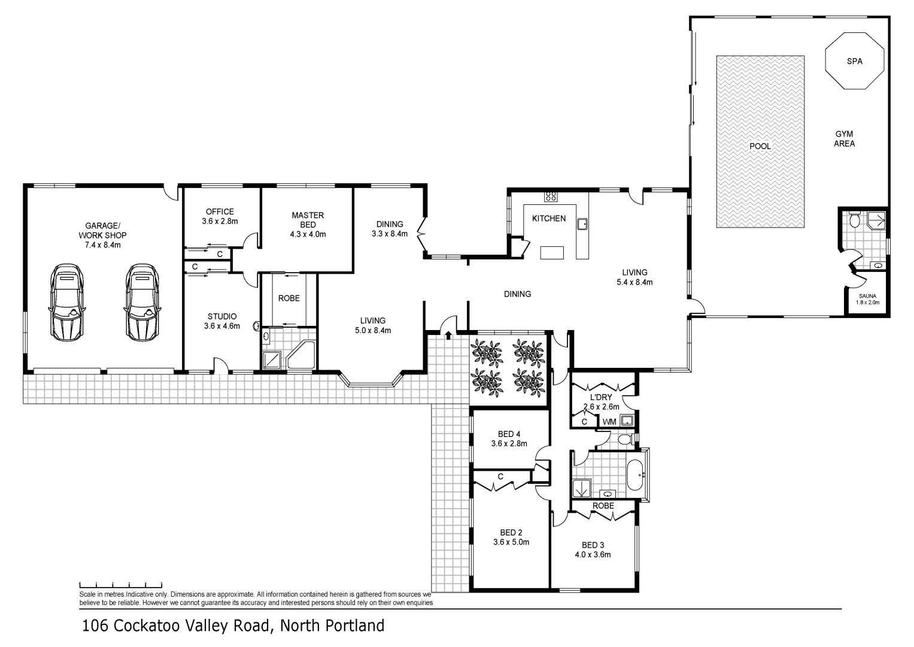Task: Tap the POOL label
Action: (760, 146)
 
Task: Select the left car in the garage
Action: (67, 302)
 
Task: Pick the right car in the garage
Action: (142, 302)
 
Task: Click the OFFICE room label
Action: (220, 211)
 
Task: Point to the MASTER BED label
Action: (308, 220)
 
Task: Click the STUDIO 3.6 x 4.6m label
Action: (222, 316)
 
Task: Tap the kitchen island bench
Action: (552, 253)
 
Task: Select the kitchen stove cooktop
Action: (550, 196)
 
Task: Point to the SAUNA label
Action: (867, 296)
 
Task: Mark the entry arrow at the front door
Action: (448, 334)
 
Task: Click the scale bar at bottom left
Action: (120, 584)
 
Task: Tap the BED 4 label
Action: (510, 434)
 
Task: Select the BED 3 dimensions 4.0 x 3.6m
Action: (593, 555)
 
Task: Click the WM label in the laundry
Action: (609, 422)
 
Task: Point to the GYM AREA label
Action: (844, 139)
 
